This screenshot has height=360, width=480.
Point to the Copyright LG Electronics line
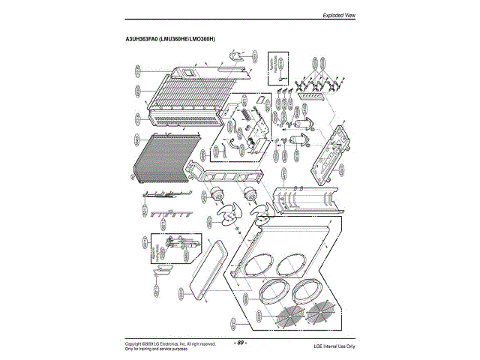pyautogui.click(x=170, y=343)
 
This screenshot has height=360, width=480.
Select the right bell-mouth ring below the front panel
pyautogui.click(x=310, y=288)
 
